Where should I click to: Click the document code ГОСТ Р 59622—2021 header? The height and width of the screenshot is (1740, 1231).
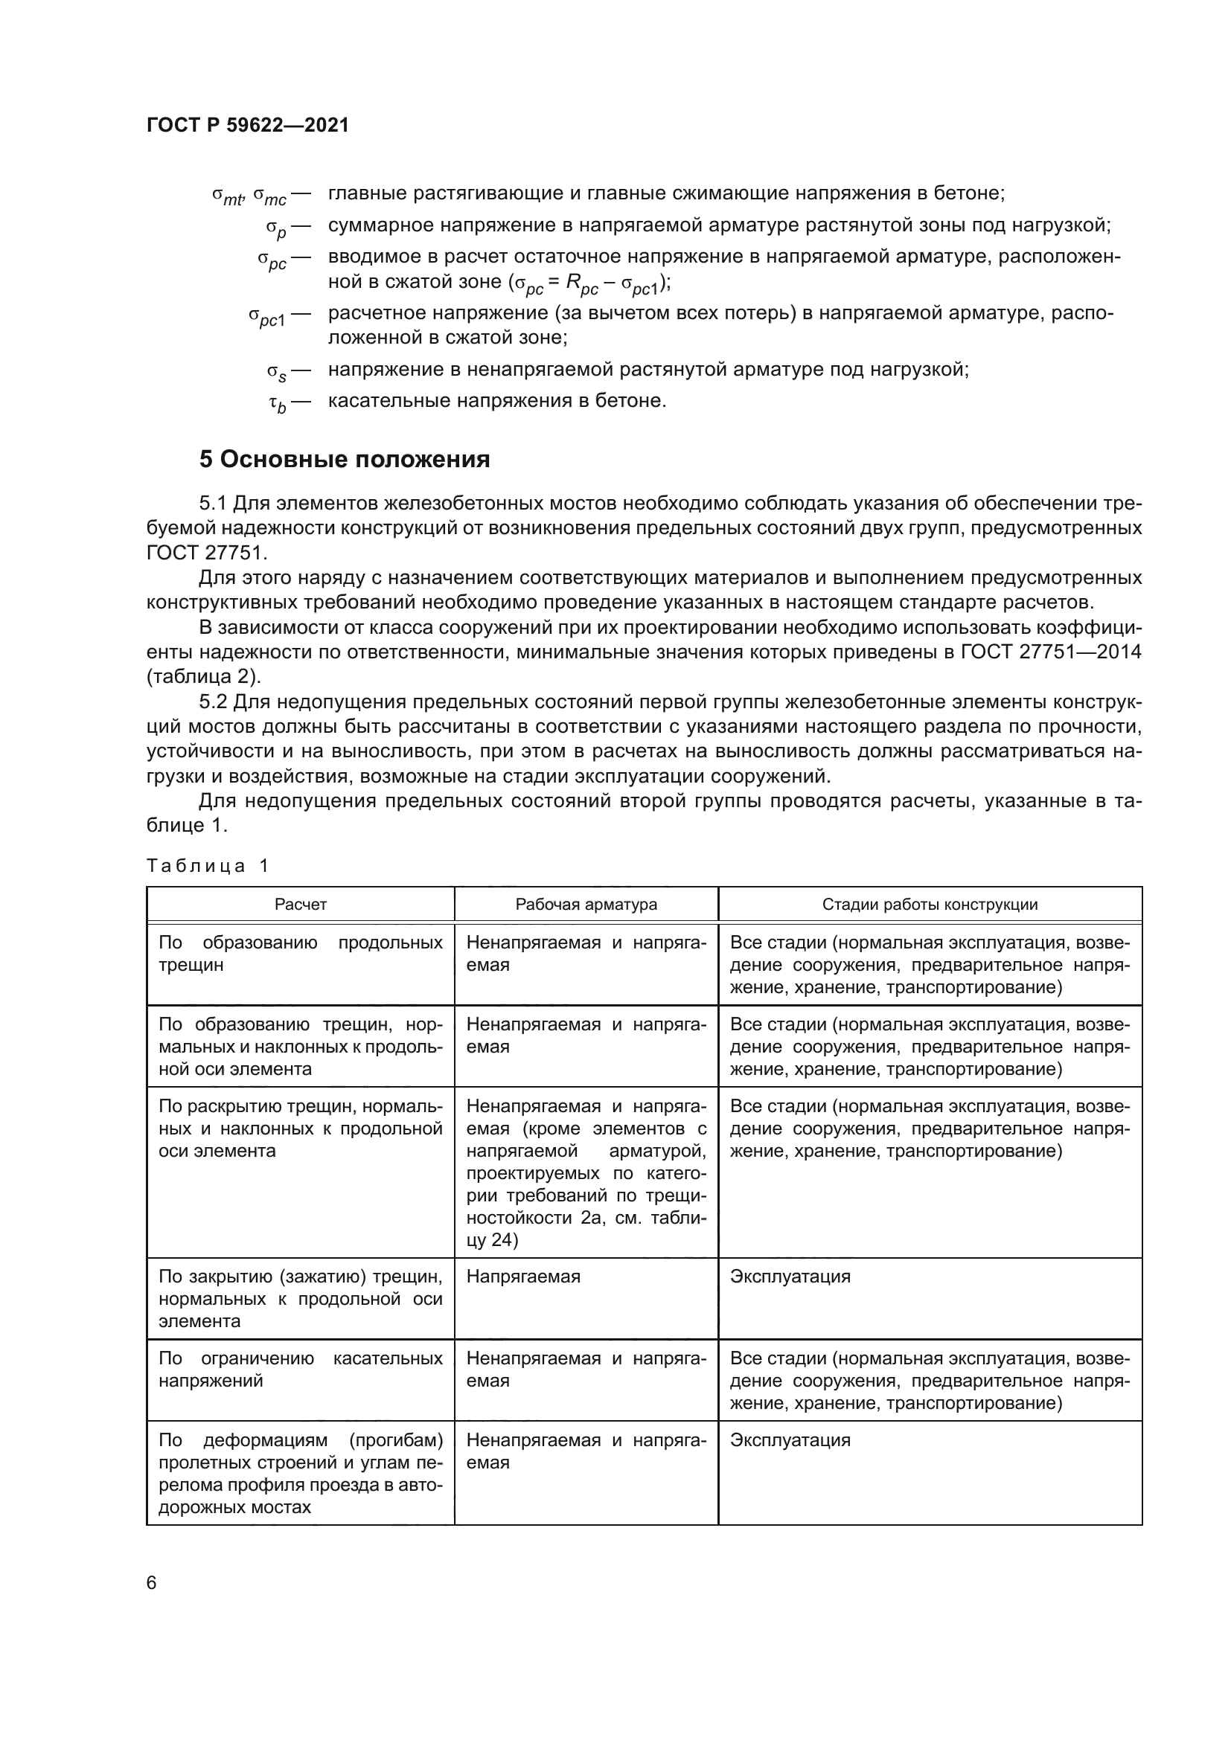[x=248, y=125]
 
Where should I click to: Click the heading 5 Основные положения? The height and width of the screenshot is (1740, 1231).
[x=344, y=459]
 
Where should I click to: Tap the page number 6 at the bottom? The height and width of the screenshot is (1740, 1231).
[x=152, y=1582]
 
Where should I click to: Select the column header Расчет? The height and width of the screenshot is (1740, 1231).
[x=300, y=904]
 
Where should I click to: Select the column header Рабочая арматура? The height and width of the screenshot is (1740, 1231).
[x=586, y=904]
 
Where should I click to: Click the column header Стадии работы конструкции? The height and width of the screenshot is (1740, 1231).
[x=930, y=904]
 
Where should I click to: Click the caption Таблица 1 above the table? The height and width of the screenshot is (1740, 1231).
[x=208, y=865]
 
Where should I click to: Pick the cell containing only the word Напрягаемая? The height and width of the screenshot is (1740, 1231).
[x=523, y=1277]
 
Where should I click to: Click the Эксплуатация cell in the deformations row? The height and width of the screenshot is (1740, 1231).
[x=790, y=1440]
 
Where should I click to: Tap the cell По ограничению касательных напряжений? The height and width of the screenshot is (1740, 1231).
[x=300, y=1369]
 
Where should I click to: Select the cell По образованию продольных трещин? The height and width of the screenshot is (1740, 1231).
[x=300, y=954]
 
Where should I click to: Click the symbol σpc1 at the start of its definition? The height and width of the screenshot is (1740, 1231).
[x=267, y=316]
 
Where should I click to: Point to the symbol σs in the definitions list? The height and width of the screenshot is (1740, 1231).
[x=277, y=372]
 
